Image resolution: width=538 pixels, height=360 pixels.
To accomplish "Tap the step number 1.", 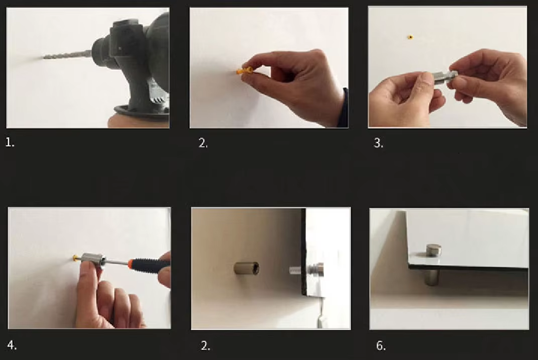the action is pyautogui.click(x=10, y=143).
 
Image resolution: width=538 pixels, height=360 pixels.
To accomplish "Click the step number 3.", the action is pyautogui.click(x=378, y=143).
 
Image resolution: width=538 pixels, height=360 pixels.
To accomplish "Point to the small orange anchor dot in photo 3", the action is pyautogui.click(x=410, y=37).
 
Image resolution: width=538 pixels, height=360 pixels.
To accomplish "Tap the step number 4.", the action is pyautogui.click(x=12, y=345).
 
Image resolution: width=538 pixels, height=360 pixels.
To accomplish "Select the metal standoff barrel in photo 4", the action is pyautogui.click(x=92, y=259).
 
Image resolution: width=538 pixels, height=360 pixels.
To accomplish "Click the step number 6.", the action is pyautogui.click(x=381, y=345).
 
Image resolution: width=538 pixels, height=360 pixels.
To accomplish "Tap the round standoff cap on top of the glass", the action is pyautogui.click(x=434, y=250).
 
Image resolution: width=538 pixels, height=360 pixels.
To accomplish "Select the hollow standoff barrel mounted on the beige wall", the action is pyautogui.click(x=246, y=268).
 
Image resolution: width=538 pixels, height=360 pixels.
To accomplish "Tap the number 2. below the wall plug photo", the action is pyautogui.click(x=203, y=143).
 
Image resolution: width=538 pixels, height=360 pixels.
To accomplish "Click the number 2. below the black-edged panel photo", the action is pyautogui.click(x=205, y=346).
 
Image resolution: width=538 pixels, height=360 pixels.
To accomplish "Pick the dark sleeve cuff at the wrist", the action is pyautogui.click(x=345, y=106).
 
